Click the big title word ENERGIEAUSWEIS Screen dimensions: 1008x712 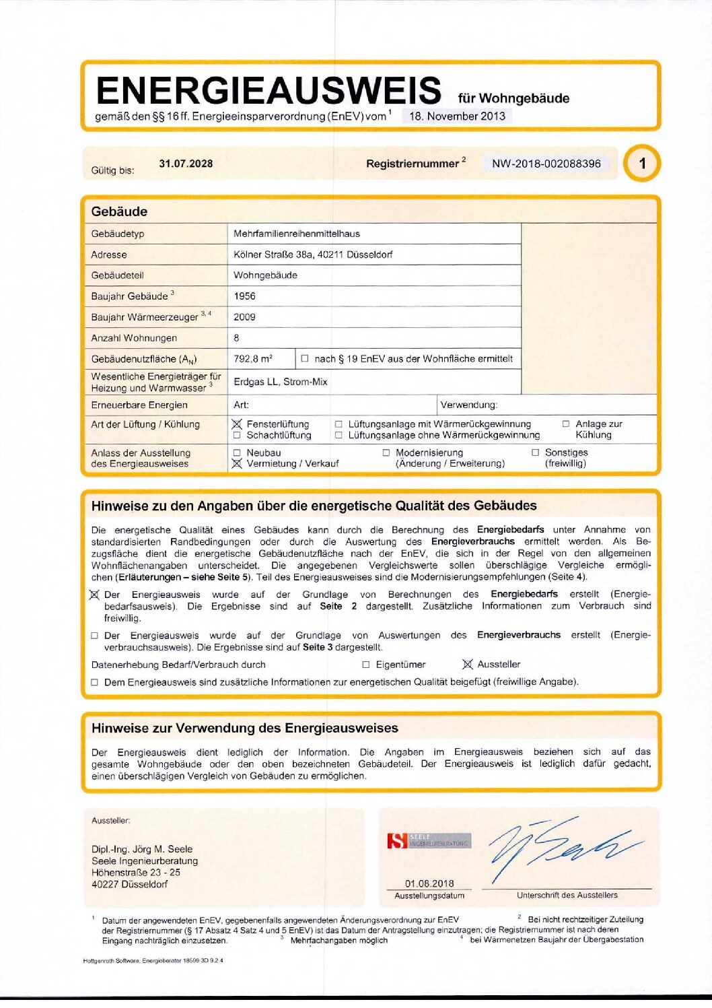(268, 91)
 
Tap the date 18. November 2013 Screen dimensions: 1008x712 (457, 116)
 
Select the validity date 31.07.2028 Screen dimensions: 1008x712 (186, 164)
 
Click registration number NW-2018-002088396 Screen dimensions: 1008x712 (546, 164)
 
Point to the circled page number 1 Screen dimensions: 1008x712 (642, 164)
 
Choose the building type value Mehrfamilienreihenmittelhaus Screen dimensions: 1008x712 (296, 234)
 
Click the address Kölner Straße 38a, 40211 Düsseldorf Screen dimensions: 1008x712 (313, 255)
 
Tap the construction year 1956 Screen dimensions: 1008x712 (244, 296)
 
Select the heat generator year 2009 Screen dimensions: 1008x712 (244, 317)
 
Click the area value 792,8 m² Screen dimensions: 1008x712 (253, 359)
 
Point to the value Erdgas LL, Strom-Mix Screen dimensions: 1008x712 (281, 382)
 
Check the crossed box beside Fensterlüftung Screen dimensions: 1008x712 (237, 424)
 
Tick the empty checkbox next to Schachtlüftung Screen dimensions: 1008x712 (237, 435)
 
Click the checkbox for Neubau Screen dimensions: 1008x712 (237, 453)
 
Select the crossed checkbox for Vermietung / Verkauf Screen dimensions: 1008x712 (237, 463)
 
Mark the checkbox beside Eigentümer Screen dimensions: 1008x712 (366, 665)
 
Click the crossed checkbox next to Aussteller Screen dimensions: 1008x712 (468, 665)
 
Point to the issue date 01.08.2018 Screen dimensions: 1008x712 (429, 883)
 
